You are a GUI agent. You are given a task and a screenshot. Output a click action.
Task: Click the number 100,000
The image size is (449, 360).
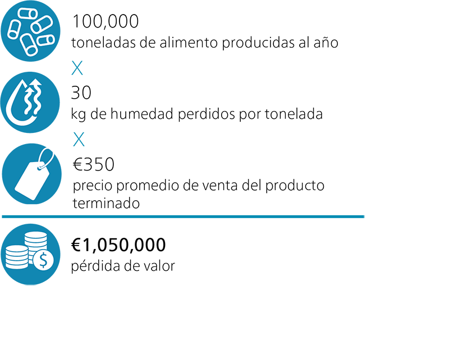click(x=106, y=21)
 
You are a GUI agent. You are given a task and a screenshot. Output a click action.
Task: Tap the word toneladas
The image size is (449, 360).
click(x=103, y=43)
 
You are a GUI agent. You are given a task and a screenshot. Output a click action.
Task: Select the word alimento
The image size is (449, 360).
click(x=189, y=43)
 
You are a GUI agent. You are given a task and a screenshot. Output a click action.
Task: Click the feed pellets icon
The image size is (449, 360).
click(x=31, y=31)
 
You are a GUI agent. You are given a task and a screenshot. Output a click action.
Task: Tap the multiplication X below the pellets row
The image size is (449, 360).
click(x=77, y=68)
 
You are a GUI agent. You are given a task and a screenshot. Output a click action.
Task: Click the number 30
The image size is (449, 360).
click(x=81, y=93)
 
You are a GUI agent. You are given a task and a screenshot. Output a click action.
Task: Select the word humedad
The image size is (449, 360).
click(x=142, y=114)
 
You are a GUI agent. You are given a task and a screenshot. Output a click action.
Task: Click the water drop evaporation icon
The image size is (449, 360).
click(x=30, y=102)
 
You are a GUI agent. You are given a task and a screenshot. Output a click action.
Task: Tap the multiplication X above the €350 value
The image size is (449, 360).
click(x=79, y=140)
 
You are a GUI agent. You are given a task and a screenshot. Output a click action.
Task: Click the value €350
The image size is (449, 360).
click(x=93, y=164)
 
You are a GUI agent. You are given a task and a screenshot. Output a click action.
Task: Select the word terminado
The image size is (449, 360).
click(x=106, y=204)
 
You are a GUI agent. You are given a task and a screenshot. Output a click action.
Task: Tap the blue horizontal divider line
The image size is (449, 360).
click(x=183, y=216)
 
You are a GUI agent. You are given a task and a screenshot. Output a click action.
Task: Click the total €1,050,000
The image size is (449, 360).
click(x=118, y=245)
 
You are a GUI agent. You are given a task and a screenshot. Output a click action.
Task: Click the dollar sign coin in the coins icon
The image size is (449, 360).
click(x=43, y=260)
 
